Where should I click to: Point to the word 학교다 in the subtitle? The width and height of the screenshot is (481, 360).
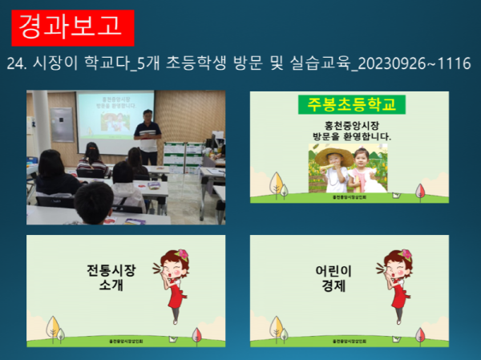click(105, 63)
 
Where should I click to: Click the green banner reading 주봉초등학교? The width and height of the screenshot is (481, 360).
click(351, 104)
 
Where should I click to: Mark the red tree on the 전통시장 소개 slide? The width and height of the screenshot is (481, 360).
click(196, 335)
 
